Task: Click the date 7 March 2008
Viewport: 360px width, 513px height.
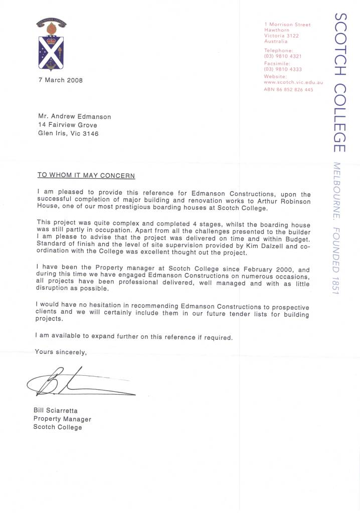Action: click(61, 80)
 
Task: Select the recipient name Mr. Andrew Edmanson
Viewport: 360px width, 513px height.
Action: click(75, 117)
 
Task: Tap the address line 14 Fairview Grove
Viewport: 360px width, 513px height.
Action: click(68, 125)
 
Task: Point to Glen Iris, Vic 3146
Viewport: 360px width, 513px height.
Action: click(68, 134)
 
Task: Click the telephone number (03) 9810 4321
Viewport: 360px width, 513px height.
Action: click(282, 57)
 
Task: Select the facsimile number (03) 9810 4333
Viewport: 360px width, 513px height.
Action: click(282, 70)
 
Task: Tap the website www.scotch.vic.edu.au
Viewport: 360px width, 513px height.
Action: click(293, 82)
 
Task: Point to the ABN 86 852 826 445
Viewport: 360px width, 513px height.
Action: click(288, 90)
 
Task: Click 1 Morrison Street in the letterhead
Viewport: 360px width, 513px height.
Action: click(287, 25)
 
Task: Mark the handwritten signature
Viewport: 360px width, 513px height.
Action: click(80, 383)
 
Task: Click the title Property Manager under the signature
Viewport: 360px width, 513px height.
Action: click(62, 419)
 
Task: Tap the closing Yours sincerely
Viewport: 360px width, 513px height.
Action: click(61, 352)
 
